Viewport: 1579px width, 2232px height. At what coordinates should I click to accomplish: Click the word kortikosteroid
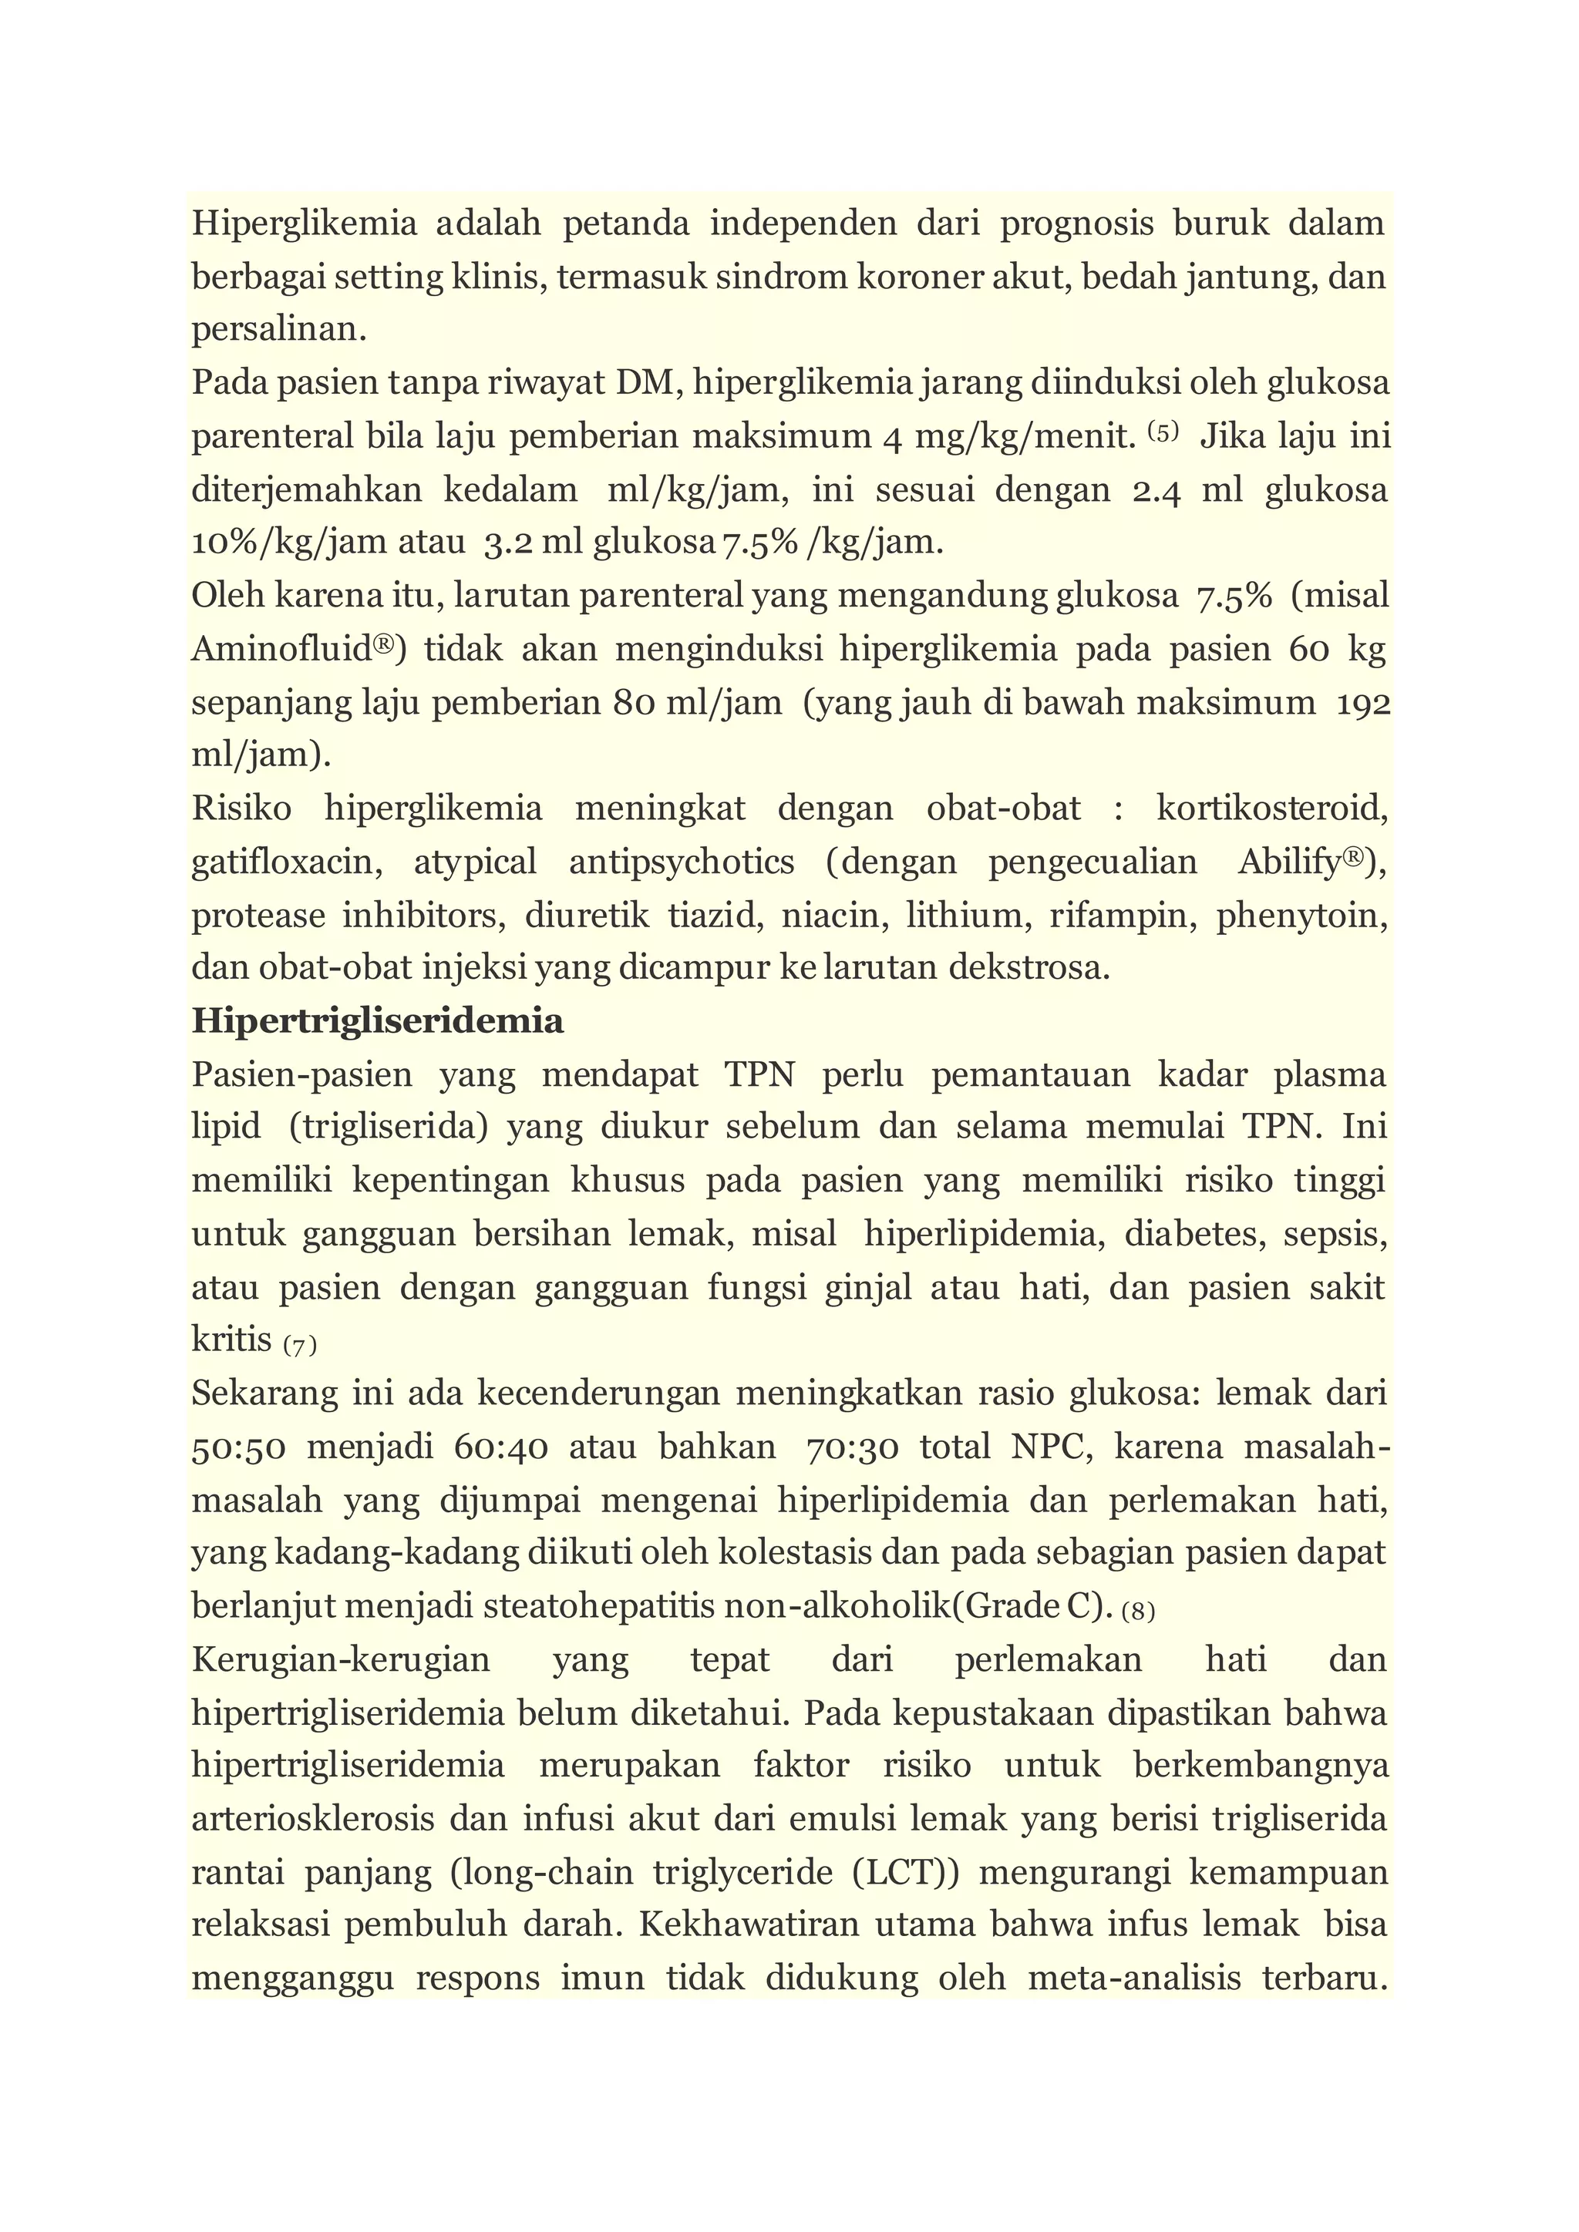pyautogui.click(x=1271, y=808)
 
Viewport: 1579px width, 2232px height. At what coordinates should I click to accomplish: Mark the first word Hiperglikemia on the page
pyautogui.click(x=303, y=224)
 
